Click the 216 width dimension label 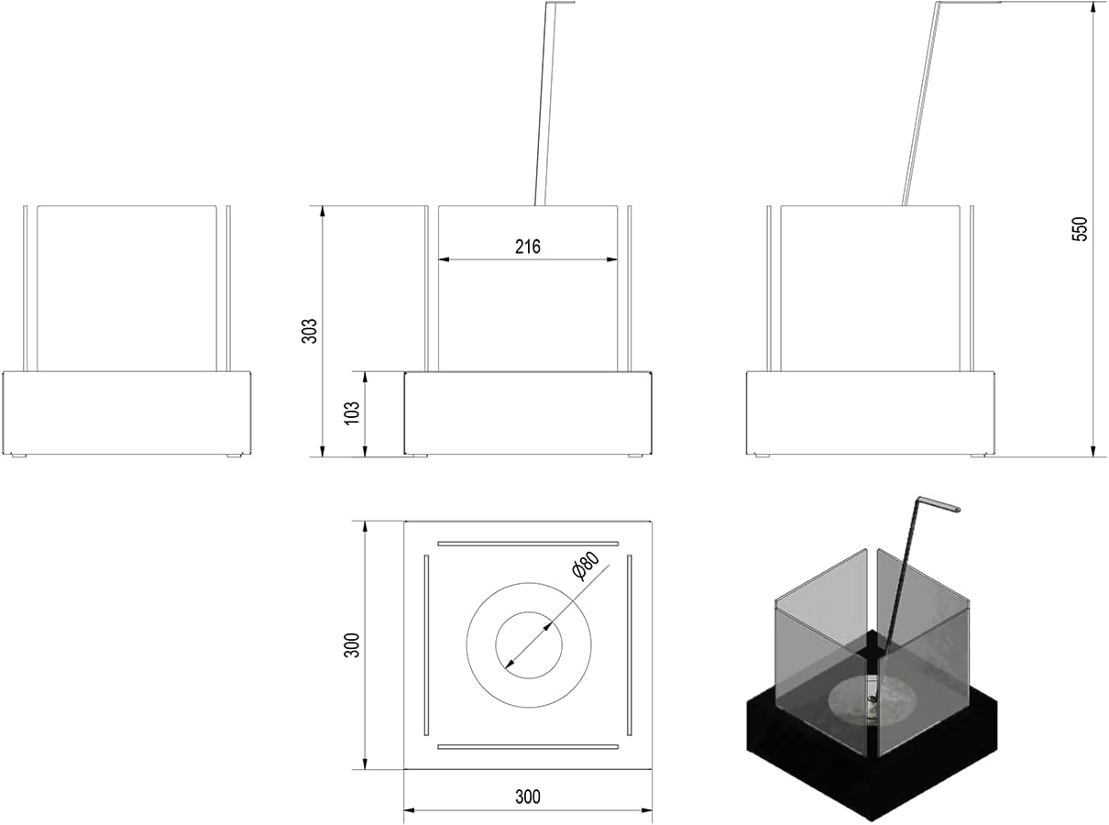pos(528,247)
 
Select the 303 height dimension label pos(310,331)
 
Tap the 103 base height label pos(352,412)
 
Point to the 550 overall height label pos(1080,229)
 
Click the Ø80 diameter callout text pos(586,566)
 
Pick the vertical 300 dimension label pos(352,645)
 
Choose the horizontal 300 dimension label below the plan pos(528,797)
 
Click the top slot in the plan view pos(528,544)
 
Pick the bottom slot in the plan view pos(528,747)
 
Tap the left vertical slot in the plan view pos(426,645)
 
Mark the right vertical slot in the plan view pos(630,645)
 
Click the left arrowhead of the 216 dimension pos(444,259)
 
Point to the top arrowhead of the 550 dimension pos(1093,7)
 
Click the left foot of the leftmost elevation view pos(18,456)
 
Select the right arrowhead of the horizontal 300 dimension pos(646,810)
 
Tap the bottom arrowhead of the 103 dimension pos(365,451)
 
